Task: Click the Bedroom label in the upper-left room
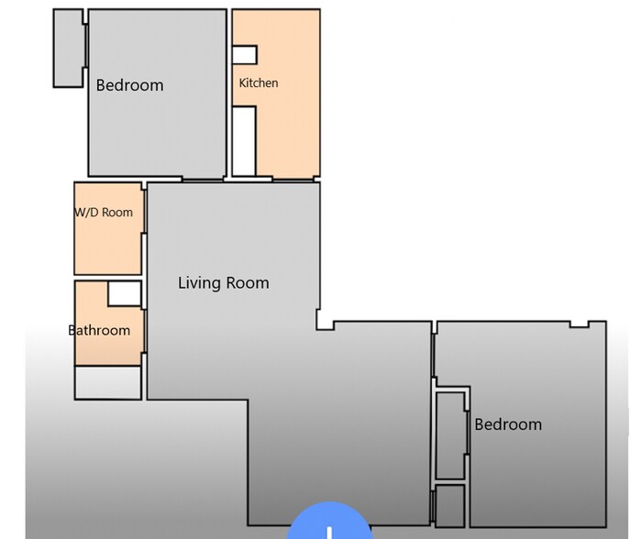point(129,85)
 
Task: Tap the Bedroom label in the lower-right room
point(507,424)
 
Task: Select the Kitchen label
point(258,83)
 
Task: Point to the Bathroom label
point(99,330)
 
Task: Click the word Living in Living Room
point(199,282)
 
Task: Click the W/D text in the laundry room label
point(88,213)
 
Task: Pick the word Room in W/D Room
point(117,213)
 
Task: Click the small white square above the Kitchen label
point(244,54)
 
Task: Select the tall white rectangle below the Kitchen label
point(244,140)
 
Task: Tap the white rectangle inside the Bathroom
point(124,293)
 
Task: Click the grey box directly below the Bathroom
point(108,382)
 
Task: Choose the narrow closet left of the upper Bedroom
point(68,48)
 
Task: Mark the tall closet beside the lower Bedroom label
point(450,434)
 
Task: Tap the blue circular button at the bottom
point(329,524)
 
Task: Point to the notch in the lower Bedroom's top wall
point(579,324)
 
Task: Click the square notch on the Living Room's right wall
point(325,320)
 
